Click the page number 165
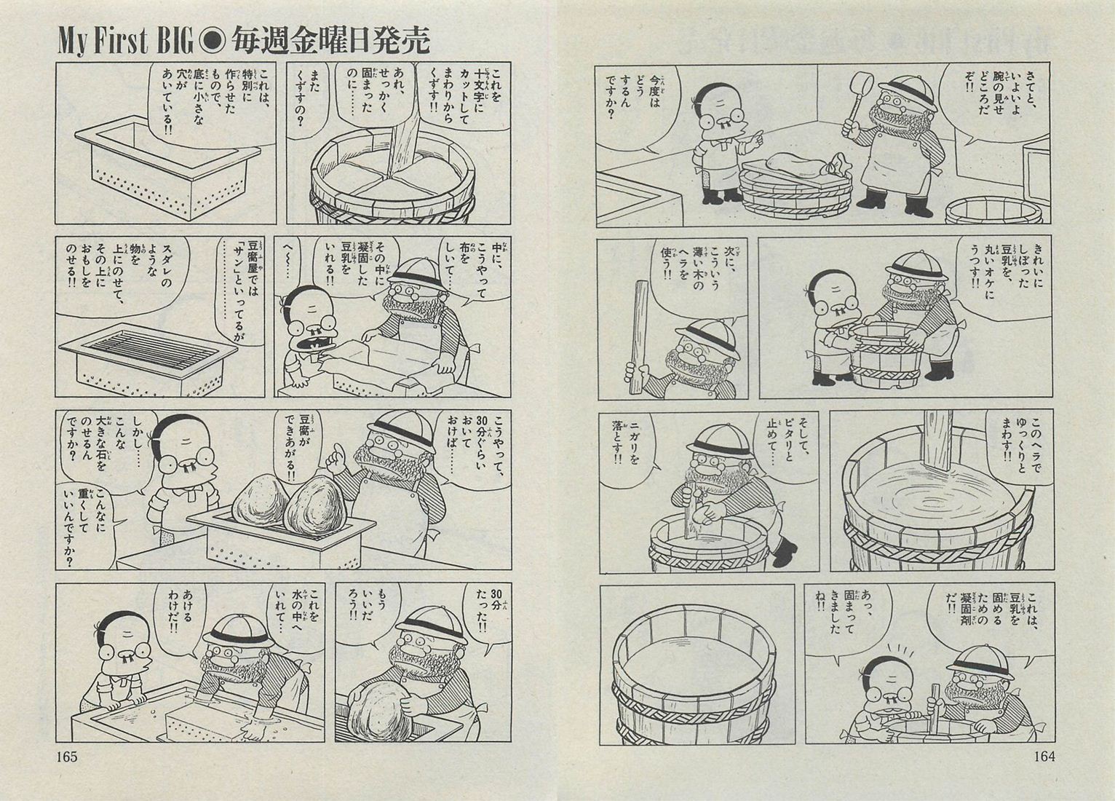tap(67, 757)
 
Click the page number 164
tap(1044, 757)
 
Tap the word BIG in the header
tap(175, 42)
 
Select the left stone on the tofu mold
tap(261, 499)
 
